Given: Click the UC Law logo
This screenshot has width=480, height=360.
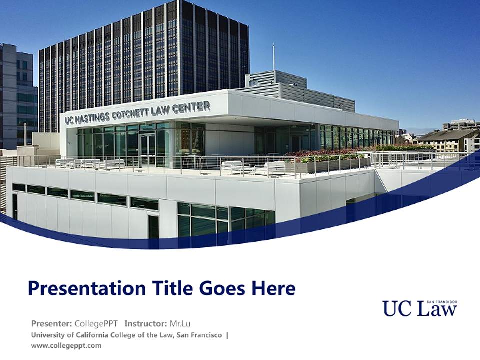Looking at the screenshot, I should (419, 308).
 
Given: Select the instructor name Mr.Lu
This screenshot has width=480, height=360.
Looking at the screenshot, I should (180, 323).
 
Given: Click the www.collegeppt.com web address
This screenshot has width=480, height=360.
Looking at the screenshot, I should (66, 345).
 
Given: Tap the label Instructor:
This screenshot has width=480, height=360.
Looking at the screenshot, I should (146, 323).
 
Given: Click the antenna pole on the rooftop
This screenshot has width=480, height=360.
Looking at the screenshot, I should (273, 57).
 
